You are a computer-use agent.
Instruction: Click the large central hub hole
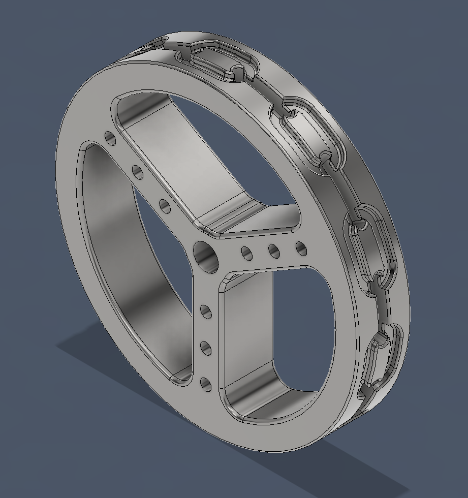pos(206,256)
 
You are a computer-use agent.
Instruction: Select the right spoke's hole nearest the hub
pos(247,253)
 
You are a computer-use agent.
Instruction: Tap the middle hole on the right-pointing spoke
pos(274,251)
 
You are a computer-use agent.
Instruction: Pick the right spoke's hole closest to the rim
pos(301,248)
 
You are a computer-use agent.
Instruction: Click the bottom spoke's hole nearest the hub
pos(206,311)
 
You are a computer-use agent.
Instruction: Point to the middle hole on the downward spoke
pos(206,348)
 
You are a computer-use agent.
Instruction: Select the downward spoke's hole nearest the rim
pos(206,384)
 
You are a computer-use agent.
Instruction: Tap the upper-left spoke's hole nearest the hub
pos(164,205)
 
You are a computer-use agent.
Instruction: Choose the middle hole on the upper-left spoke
pos(137,171)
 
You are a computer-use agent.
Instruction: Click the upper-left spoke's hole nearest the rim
pos(109,138)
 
